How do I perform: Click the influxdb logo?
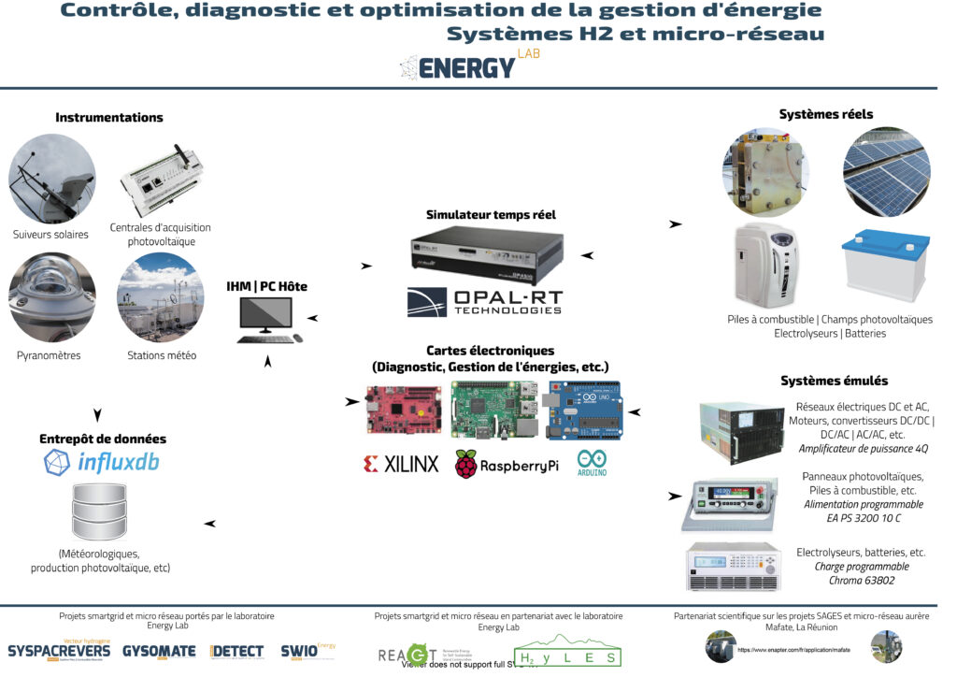[102, 462]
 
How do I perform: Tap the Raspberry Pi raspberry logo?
[466, 464]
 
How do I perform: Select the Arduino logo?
[592, 463]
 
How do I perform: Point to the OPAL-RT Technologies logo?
[485, 301]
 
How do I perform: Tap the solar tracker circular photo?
[51, 178]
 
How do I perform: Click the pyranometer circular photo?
[51, 296]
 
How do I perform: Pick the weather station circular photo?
[160, 296]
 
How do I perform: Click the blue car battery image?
[886, 266]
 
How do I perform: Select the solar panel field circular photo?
[886, 172]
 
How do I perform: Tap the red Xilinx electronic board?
[404, 410]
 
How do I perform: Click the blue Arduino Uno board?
[585, 410]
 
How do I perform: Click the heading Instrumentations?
[109, 118]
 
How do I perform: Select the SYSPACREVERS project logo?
[59, 650]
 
